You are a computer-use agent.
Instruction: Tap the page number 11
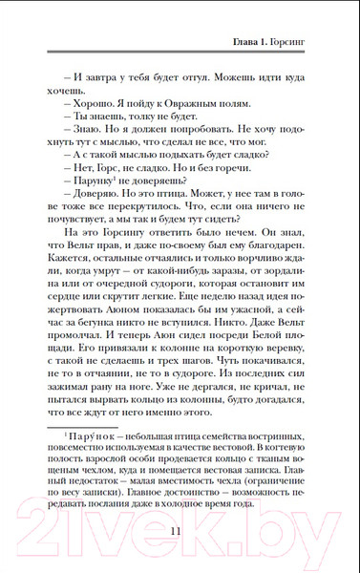point(180,532)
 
